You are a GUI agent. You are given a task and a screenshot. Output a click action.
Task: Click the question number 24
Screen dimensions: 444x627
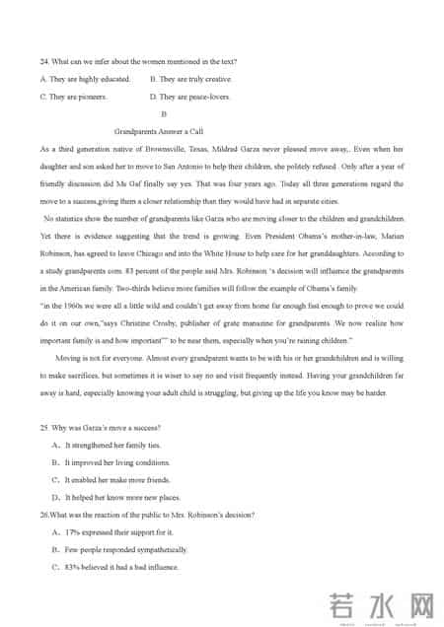click(44, 62)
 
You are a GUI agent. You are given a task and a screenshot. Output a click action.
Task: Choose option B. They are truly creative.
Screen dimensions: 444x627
click(190, 79)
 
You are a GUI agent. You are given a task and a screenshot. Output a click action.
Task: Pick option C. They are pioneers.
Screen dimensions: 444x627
click(73, 97)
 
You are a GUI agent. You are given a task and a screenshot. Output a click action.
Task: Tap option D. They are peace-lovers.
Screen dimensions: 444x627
click(189, 97)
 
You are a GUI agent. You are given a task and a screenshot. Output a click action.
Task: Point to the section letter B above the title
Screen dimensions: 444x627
click(177, 114)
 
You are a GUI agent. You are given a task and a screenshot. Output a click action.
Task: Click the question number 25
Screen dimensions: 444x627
click(44, 427)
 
